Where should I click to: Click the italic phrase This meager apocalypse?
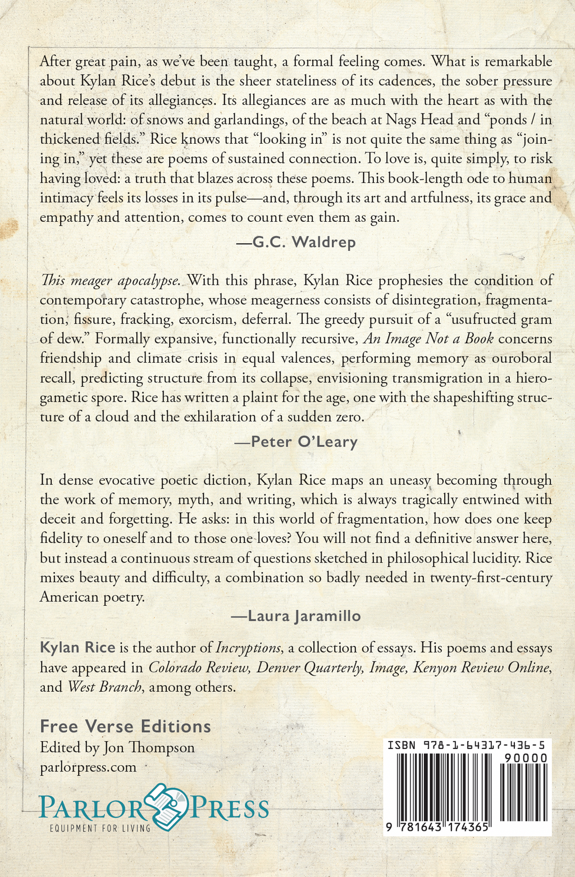110,280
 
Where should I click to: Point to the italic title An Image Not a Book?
428,339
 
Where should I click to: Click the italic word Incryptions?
248,648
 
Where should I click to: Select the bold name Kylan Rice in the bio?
77,648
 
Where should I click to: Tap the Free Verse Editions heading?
125,727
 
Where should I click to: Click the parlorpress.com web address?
88,767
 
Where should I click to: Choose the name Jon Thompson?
149,748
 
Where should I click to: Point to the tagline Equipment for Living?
100,828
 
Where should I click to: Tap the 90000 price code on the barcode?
526,758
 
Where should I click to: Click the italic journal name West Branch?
104,687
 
